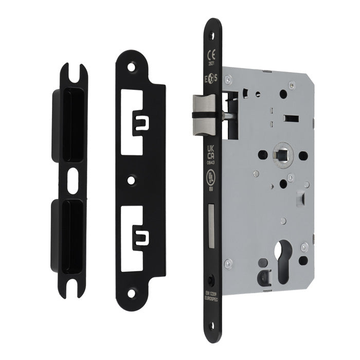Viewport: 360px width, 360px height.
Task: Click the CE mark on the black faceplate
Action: click(210, 53)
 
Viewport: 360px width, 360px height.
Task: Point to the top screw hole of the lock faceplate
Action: click(210, 29)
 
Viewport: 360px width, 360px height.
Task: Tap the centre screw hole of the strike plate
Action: click(133, 181)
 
